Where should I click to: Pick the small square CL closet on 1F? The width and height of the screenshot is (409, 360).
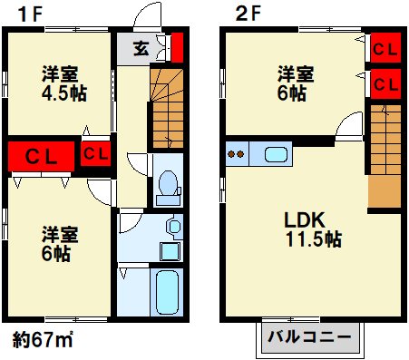coord(95,153)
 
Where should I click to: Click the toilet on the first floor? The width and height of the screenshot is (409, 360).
coord(166,185)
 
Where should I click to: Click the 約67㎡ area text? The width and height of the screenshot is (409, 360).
coord(44,340)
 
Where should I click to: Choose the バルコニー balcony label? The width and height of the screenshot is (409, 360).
coord(308,338)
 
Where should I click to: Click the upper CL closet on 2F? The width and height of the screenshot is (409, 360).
coord(385,47)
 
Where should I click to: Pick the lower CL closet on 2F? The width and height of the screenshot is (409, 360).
coord(385,85)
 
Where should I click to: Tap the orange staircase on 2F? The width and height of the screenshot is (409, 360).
coord(385,154)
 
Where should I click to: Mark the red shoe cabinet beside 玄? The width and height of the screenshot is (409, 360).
coord(176,45)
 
